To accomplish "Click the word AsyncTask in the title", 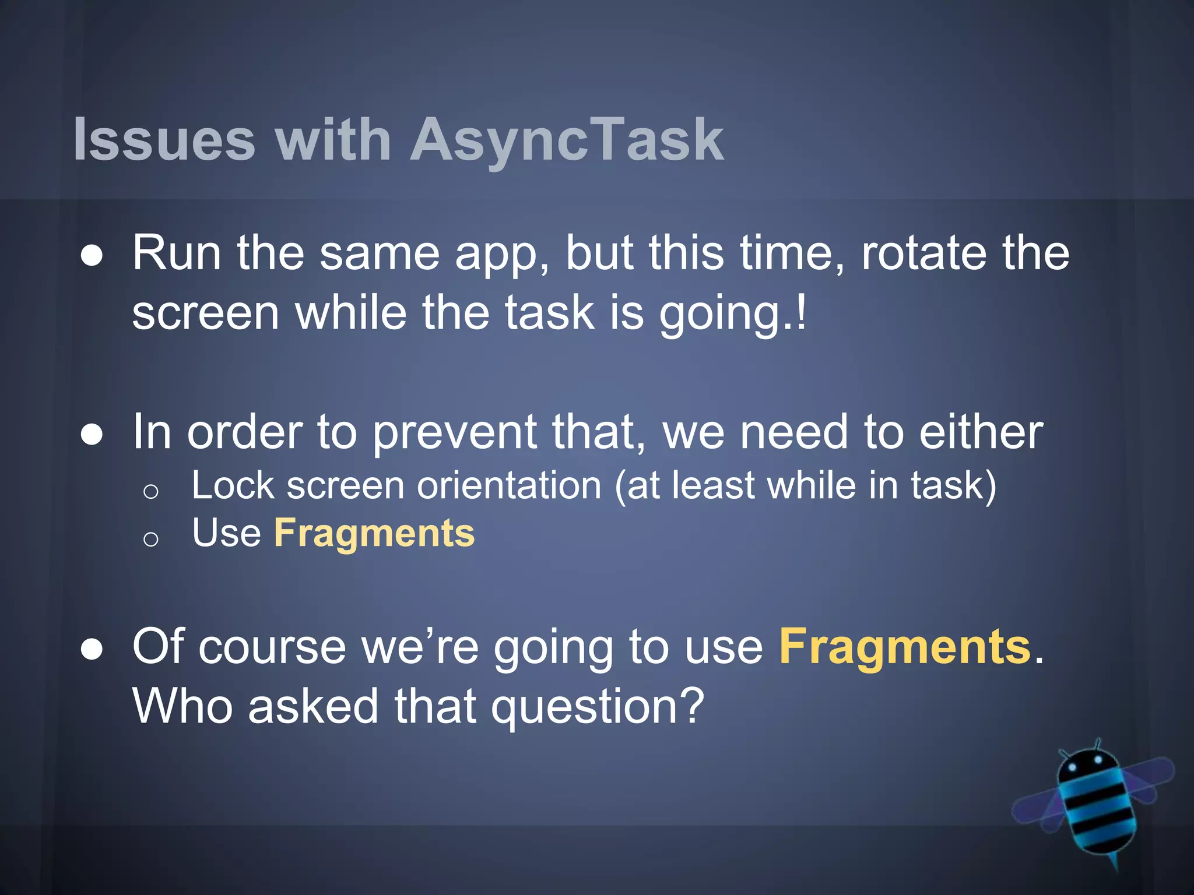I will tap(567, 140).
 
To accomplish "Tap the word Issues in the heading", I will tap(164, 140).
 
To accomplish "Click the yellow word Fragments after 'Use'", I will tap(374, 533).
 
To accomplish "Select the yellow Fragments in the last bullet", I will tap(905, 647).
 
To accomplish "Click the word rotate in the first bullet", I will tap(924, 253).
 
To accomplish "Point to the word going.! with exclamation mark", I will tap(732, 313).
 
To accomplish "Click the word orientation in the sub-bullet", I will tap(509, 485).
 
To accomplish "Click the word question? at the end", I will tap(598, 707).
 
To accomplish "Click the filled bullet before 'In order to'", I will tap(92, 435).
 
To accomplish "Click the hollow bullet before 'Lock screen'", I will tap(150, 492).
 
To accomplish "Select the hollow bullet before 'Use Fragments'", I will tap(150, 539).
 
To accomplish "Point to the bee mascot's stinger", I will tap(1115, 862).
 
